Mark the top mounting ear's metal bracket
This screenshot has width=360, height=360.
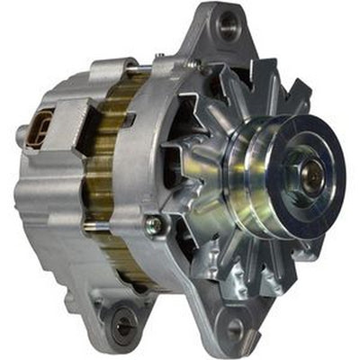216,40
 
